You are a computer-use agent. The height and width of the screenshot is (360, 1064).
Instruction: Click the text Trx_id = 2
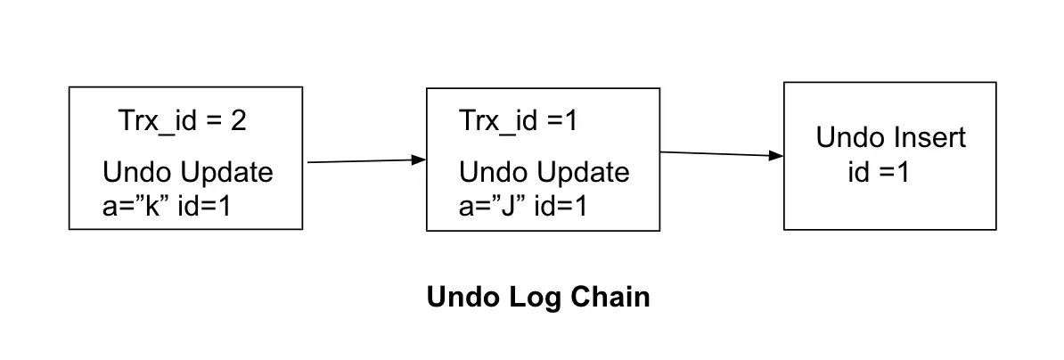point(182,121)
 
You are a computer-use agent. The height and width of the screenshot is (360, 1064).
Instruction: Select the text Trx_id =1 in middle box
point(518,121)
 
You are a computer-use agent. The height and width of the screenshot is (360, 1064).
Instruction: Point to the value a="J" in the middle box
point(488,206)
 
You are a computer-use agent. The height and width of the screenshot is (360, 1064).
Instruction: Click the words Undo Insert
point(890,138)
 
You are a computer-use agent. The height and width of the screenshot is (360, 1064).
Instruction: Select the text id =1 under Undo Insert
point(878,173)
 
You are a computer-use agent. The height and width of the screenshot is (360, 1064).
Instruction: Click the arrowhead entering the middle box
point(419,160)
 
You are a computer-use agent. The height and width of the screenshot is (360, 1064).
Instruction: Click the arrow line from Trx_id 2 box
point(361,161)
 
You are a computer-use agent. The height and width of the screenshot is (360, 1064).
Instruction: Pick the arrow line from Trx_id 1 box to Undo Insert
point(717,154)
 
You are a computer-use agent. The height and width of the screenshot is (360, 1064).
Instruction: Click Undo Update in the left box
point(188,173)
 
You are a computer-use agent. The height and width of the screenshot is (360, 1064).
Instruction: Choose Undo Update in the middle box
point(544,172)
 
